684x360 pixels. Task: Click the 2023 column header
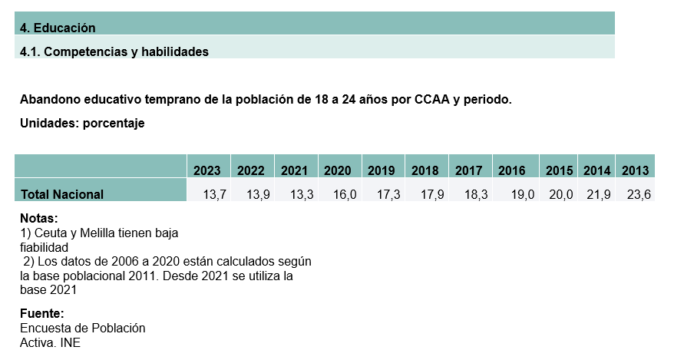tap(207, 170)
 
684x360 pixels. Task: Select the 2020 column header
tap(338, 170)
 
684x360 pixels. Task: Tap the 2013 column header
tap(635, 170)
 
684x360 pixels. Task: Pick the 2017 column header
tap(468, 170)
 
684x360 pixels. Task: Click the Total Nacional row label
tap(62, 194)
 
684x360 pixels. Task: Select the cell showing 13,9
tap(259, 194)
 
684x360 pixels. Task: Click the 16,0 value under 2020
tap(345, 194)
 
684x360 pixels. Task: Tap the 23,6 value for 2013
tap(639, 194)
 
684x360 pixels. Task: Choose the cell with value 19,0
tap(522, 194)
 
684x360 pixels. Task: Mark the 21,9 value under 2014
tap(599, 194)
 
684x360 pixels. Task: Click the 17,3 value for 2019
tap(389, 194)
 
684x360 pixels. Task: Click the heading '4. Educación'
tap(58, 28)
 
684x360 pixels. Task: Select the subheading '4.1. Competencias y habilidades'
tap(114, 51)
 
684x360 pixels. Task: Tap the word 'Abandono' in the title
tap(51, 100)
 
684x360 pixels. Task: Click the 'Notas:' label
tap(39, 218)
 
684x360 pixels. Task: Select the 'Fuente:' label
tap(41, 314)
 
